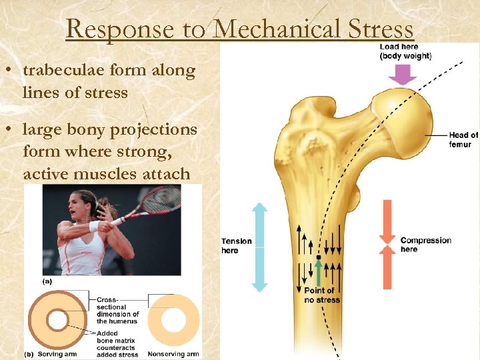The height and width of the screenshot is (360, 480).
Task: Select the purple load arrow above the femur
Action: coord(402,75)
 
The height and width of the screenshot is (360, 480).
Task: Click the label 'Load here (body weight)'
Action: coord(405,51)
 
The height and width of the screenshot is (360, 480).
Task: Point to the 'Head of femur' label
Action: coord(463,139)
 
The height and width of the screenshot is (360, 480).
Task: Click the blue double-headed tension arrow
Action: coord(259,247)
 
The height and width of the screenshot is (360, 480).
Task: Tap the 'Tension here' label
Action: coord(237,245)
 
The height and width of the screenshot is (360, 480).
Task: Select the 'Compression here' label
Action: coord(425,245)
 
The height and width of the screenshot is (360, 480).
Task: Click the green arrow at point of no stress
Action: coord(320,272)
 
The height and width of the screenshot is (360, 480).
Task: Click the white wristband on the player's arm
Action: coord(94,226)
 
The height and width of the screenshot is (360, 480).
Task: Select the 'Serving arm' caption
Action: coord(60,354)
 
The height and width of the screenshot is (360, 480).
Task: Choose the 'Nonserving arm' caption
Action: coord(173,354)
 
